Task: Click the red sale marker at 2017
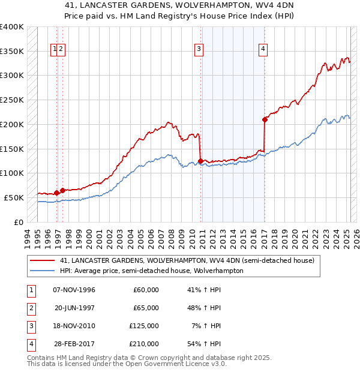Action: click(x=265, y=119)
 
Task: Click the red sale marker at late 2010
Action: click(x=200, y=161)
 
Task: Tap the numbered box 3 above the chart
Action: click(x=199, y=50)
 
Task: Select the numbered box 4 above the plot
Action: click(x=263, y=50)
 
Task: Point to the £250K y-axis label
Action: click(x=12, y=100)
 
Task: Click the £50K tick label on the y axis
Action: click(x=14, y=197)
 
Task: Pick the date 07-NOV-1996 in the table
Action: click(x=74, y=290)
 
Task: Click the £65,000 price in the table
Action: click(x=146, y=308)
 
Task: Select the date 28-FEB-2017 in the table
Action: click(x=74, y=344)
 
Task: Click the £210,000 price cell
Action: click(x=144, y=344)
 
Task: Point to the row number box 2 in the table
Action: click(x=31, y=308)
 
